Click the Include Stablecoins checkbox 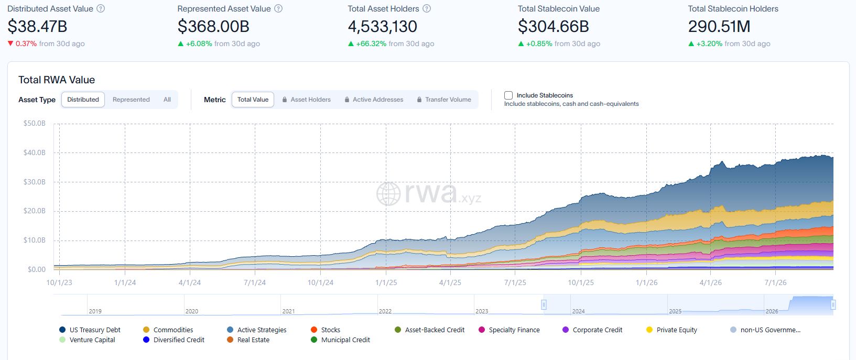508,95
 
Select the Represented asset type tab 131,100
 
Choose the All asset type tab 167,100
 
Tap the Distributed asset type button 83,100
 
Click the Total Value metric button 253,100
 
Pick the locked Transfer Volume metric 444,100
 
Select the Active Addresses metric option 374,100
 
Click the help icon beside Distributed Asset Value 101,8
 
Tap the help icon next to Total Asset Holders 427,8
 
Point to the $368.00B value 213,26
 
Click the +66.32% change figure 371,43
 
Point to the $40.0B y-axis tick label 35,152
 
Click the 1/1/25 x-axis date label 386,282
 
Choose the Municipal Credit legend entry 341,340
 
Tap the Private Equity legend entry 671,330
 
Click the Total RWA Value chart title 57,80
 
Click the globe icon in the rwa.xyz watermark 388,194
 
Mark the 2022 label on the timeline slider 385,311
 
